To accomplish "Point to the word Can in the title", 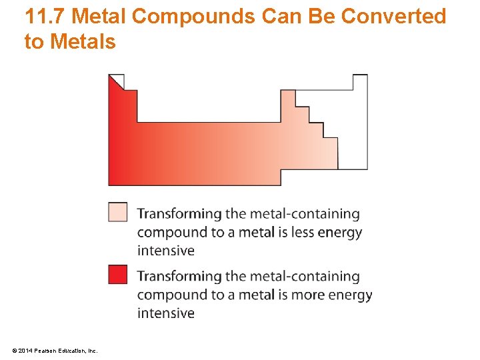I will (x=281, y=17).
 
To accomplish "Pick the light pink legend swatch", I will (x=117, y=212).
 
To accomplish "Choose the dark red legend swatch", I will (x=117, y=274).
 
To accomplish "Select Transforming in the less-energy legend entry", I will (x=179, y=214).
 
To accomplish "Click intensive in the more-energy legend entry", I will (x=166, y=313).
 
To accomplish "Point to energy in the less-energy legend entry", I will (x=340, y=232).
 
